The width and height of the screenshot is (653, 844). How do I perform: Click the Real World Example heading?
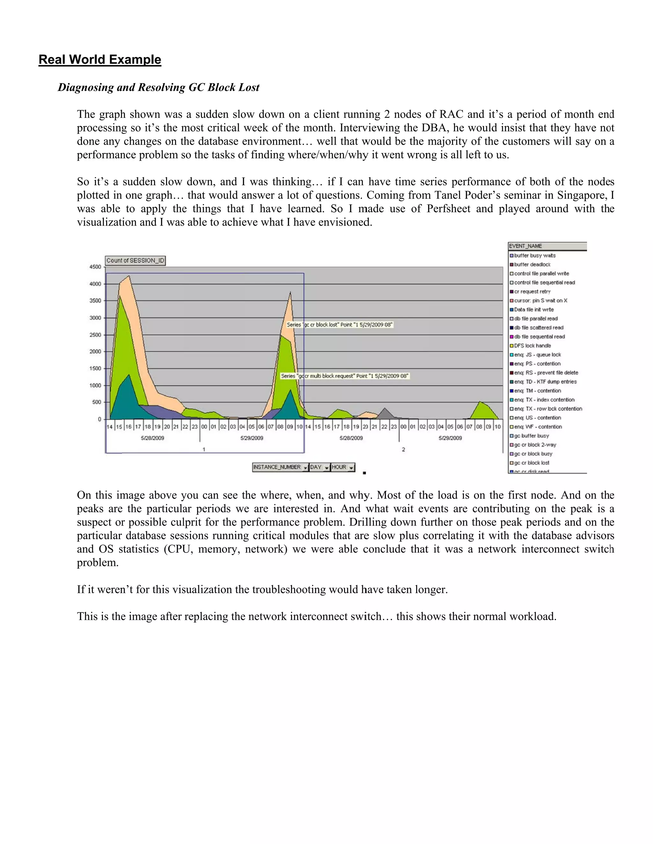click(x=100, y=60)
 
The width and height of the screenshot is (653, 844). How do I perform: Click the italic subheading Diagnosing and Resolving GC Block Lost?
click(x=158, y=87)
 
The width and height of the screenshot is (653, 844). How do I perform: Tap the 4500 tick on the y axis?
click(x=95, y=267)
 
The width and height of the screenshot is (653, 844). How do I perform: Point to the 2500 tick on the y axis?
click(x=95, y=335)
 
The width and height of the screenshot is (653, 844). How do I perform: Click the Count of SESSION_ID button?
click(x=136, y=261)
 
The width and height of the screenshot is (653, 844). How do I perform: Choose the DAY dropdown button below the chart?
click(x=319, y=467)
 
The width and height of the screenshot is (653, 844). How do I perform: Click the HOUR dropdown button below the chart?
click(x=343, y=467)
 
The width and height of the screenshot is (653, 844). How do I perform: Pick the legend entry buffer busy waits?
click(x=535, y=255)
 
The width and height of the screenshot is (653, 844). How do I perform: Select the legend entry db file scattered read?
click(x=539, y=327)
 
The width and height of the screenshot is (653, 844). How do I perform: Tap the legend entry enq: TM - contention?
click(x=537, y=391)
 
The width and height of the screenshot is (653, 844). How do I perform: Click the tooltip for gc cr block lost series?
click(x=340, y=325)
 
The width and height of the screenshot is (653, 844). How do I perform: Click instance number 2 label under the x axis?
click(x=403, y=449)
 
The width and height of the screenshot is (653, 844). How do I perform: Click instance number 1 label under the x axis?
click(x=204, y=449)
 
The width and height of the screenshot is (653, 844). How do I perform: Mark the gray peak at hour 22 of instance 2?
click(x=384, y=411)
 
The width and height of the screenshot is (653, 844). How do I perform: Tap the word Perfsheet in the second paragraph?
click(x=448, y=209)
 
